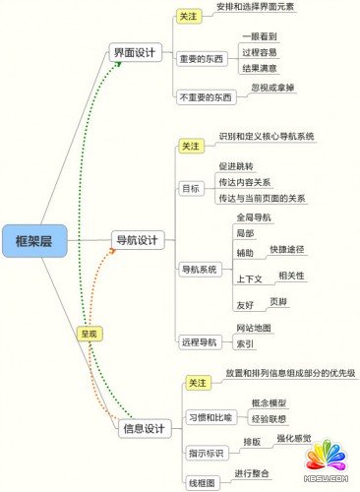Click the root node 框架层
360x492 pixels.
[34, 239]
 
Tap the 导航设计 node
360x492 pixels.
[137, 239]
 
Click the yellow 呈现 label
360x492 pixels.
[90, 335]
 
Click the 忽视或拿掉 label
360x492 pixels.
[274, 88]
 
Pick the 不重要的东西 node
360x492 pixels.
[206, 97]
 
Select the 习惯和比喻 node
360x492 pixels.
[210, 416]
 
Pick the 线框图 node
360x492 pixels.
[202, 483]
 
